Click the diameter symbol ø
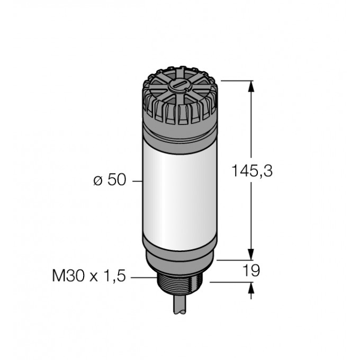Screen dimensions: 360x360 pos(97,181)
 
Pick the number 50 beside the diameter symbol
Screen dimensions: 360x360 pos(116,181)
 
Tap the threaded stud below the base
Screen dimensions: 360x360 pos(179,286)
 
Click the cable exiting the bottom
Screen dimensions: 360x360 pos(179,307)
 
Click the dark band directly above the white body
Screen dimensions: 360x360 pos(179,134)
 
